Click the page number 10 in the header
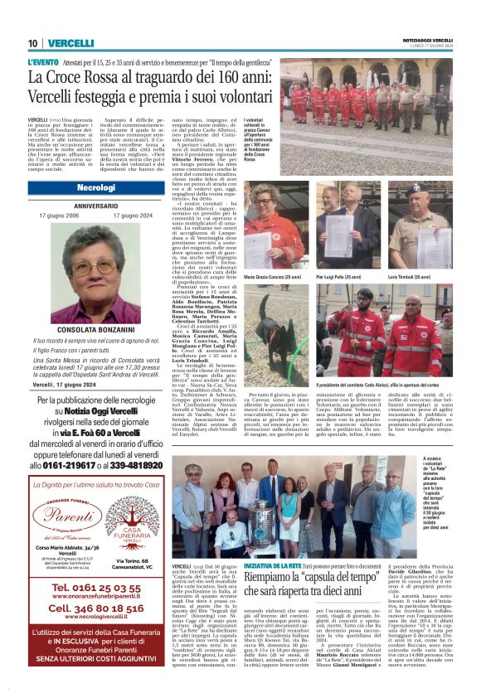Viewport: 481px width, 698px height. [32, 43]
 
